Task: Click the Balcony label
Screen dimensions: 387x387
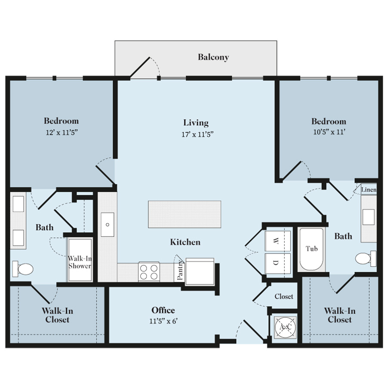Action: point(213,57)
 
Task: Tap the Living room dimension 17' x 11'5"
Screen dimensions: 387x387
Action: point(197,134)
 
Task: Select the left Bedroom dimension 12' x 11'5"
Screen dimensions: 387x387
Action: point(61,132)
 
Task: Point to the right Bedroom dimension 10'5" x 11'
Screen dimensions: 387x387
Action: point(329,132)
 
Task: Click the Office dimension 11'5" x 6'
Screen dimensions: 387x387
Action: point(164,321)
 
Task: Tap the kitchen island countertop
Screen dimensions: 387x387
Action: point(184,214)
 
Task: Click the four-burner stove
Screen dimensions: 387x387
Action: point(149,271)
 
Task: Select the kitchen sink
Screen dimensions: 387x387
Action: point(107,224)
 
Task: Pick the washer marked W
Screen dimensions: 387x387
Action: point(277,241)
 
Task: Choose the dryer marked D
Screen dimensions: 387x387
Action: point(277,263)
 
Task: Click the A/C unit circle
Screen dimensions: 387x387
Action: point(285,327)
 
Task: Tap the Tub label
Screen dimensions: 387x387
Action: point(311,249)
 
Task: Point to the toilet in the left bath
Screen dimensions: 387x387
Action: point(23,269)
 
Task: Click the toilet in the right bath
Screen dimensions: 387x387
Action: point(365,258)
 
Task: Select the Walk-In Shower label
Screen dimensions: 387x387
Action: point(80,262)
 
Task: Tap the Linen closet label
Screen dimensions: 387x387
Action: point(369,190)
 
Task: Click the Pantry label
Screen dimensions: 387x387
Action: point(180,270)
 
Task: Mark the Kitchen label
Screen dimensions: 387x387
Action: point(185,242)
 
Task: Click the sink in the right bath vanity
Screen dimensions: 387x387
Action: point(369,217)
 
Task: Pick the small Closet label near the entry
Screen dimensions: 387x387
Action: point(284,296)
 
